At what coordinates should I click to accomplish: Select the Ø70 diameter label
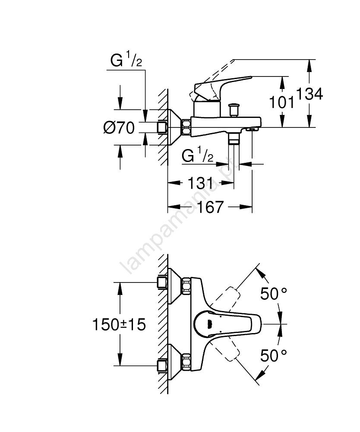[x=119, y=127]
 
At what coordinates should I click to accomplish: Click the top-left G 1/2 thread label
[x=126, y=61]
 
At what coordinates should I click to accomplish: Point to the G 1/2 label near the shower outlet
[x=198, y=156]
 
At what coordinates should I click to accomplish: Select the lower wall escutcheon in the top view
[x=175, y=361]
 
